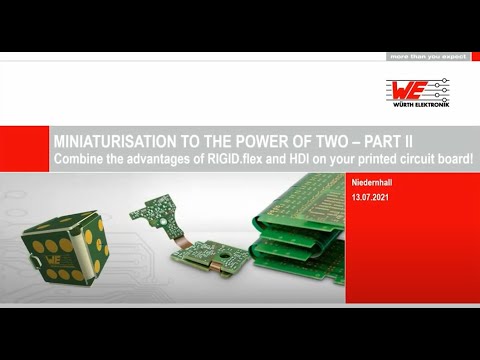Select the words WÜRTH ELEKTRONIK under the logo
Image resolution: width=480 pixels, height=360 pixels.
pyautogui.click(x=417, y=103)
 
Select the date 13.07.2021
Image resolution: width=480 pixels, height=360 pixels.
pyautogui.click(x=372, y=200)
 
